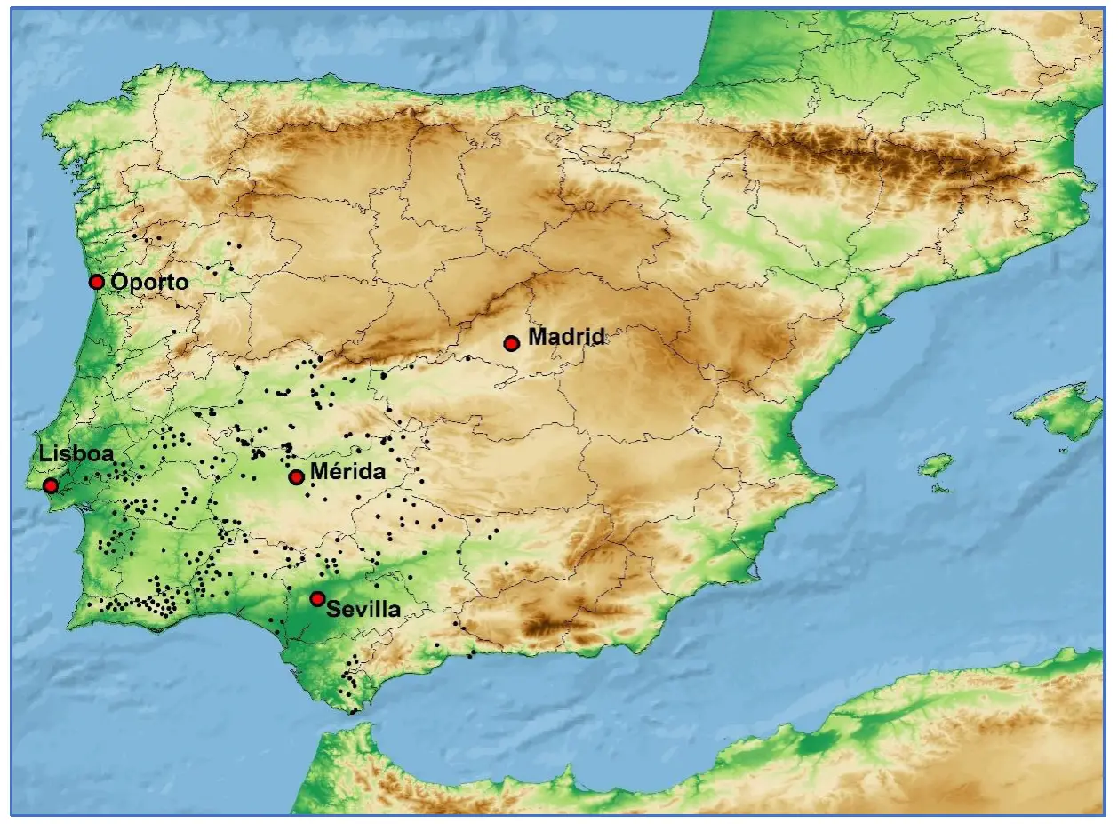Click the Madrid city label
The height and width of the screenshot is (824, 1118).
click(566, 337)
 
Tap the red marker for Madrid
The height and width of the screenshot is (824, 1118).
click(511, 343)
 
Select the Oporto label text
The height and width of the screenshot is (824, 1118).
click(149, 282)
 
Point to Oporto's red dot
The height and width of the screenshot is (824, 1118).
click(97, 282)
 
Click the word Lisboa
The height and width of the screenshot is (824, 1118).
click(76, 453)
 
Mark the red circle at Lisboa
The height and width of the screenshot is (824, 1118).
click(51, 485)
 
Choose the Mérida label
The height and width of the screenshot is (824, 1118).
click(348, 471)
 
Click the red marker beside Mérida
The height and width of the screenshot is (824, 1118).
click(297, 477)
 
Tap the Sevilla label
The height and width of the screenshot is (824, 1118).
click(363, 610)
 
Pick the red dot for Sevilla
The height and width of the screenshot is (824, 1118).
click(317, 599)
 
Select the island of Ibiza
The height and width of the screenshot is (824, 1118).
click(935, 465)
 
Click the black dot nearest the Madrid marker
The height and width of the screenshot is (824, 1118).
click(468, 358)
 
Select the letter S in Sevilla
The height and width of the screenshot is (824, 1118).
click(332, 610)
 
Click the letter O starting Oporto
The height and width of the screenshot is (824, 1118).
click(118, 282)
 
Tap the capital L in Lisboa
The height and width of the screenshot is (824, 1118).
click(44, 453)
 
